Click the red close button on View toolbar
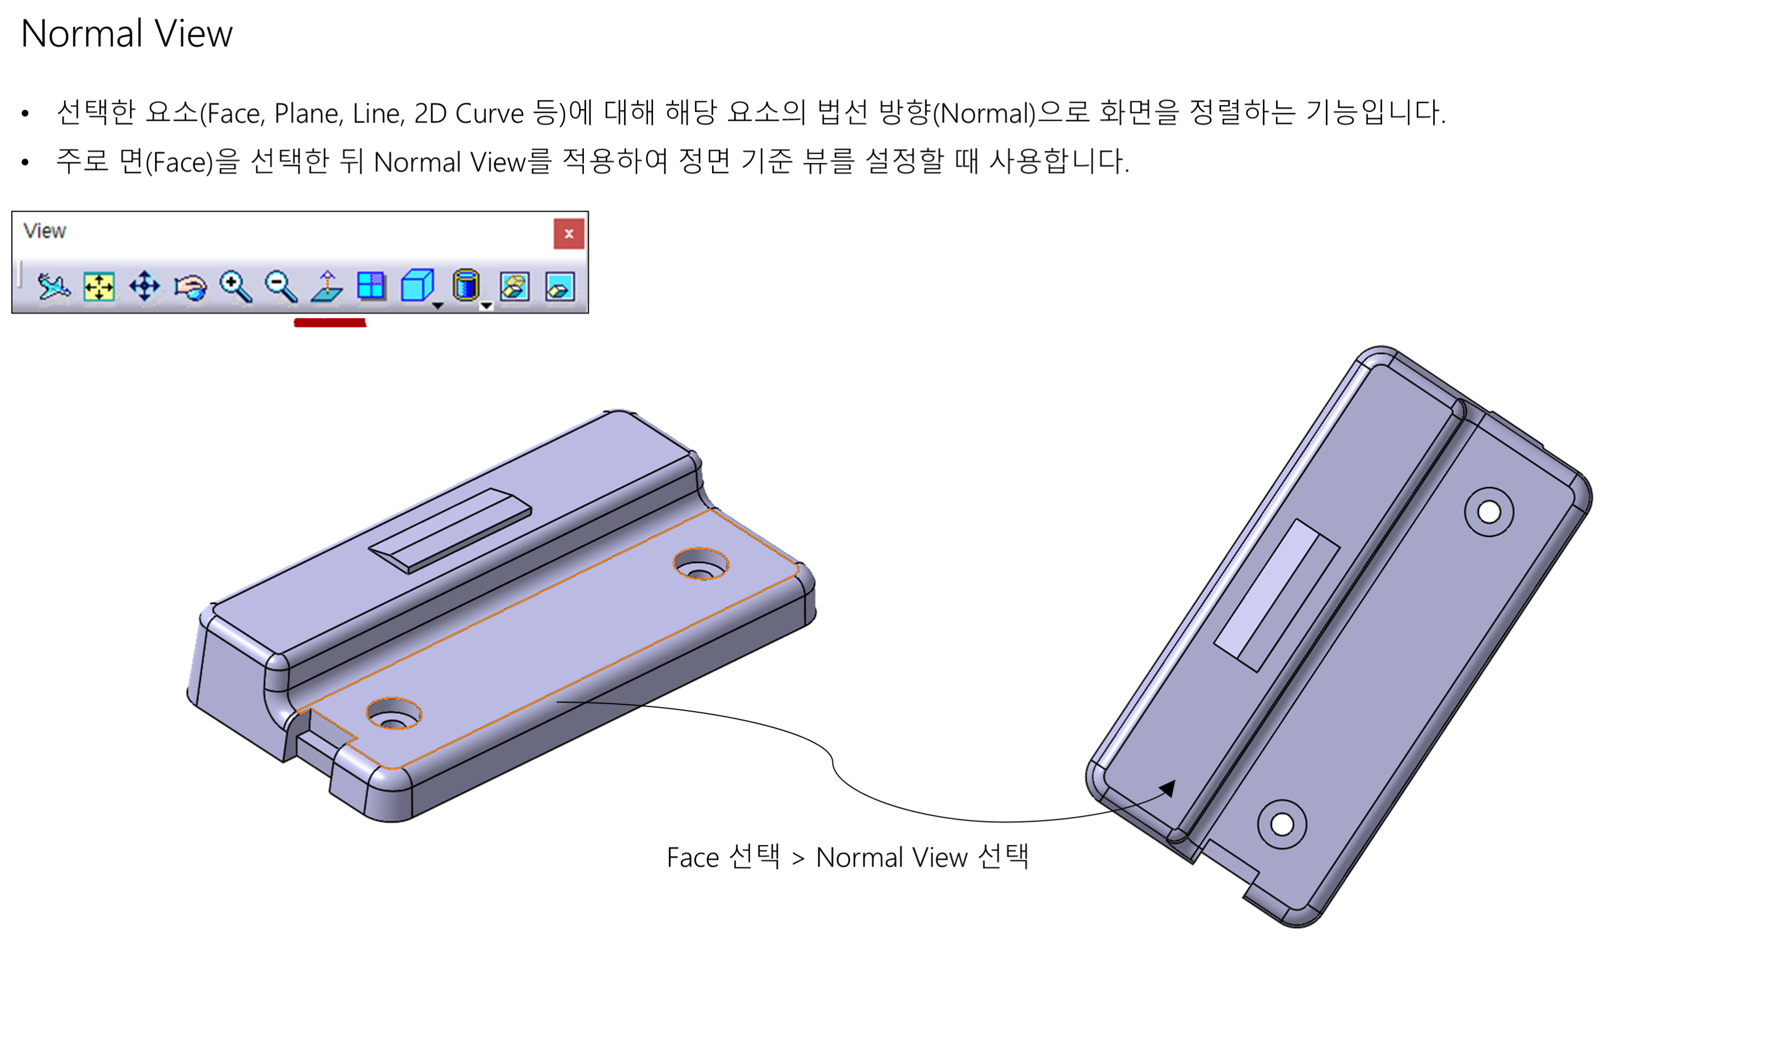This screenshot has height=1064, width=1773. [568, 234]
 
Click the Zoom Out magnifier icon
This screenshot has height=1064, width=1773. [280, 286]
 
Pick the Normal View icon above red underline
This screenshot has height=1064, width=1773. [327, 286]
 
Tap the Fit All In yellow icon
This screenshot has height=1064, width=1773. [99, 286]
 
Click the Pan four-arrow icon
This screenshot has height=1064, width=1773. [145, 286]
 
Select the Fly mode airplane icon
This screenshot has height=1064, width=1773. [54, 286]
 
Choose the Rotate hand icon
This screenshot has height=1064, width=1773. [190, 287]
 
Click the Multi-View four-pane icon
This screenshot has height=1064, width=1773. [371, 286]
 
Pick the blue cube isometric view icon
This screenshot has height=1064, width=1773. [416, 285]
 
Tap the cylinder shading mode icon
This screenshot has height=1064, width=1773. [466, 285]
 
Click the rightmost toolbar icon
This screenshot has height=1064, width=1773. [560, 287]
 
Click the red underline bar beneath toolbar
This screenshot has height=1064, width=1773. [330, 323]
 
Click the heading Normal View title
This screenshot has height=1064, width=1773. [126, 33]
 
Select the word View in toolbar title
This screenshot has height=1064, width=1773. [44, 231]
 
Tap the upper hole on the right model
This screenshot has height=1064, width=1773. [1489, 512]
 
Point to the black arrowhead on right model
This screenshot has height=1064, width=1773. [1168, 788]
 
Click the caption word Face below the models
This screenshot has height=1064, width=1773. [692, 857]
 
